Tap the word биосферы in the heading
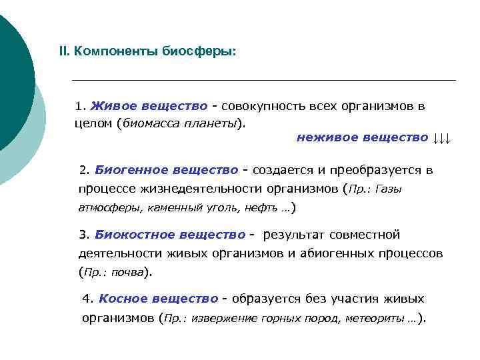coord(199,51)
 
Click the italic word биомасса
coord(149,123)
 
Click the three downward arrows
coord(442,139)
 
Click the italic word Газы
coord(389,189)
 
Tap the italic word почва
coord(127,272)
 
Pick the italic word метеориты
coord(376,319)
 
